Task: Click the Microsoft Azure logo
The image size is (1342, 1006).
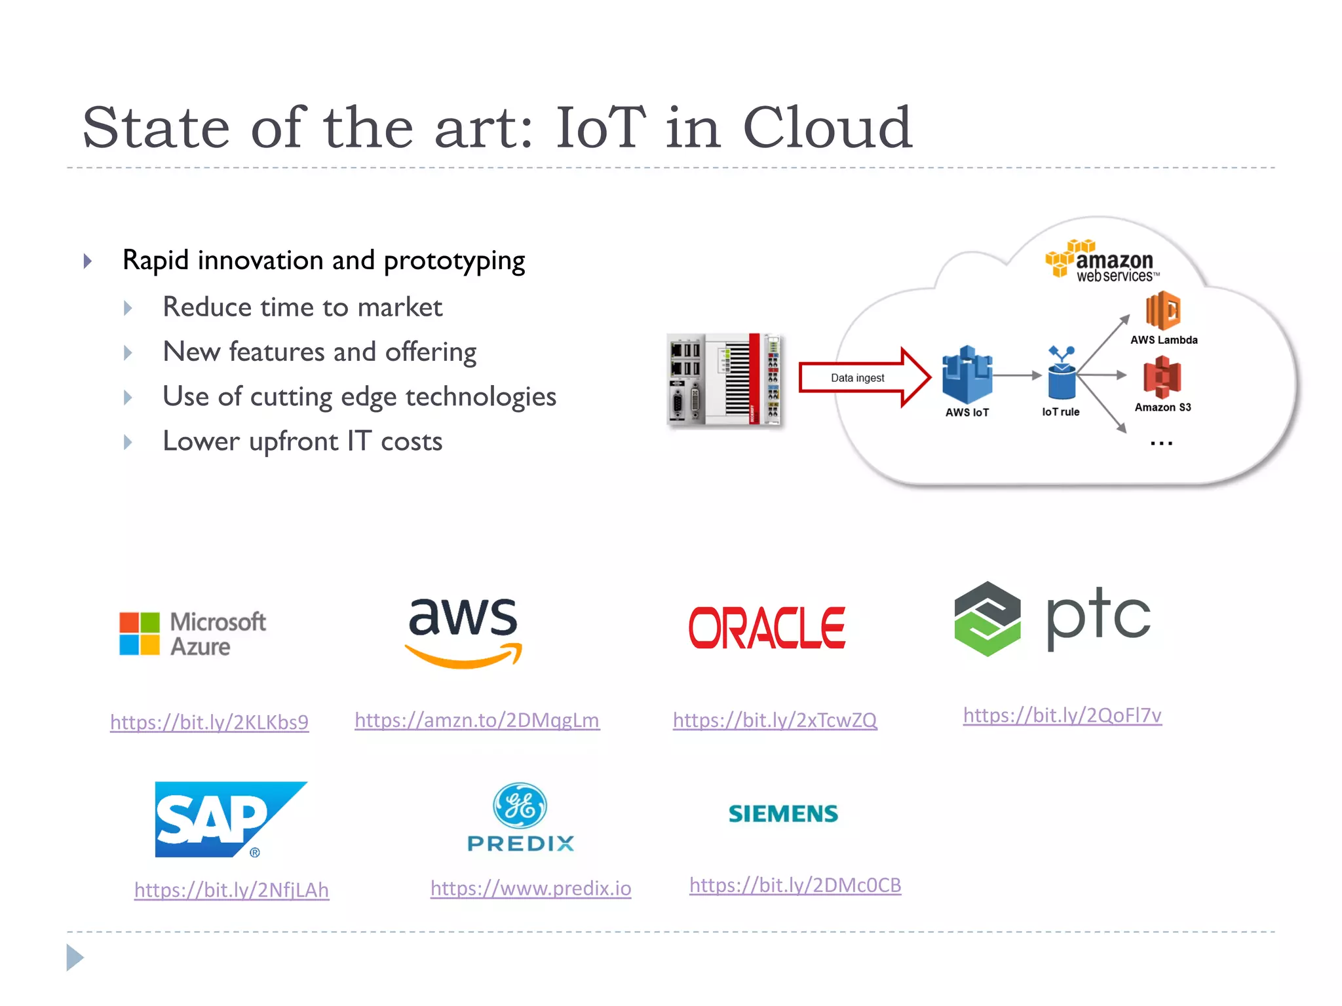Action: (x=192, y=633)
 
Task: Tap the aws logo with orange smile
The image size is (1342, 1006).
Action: (x=463, y=633)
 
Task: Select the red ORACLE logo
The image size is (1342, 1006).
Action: (x=767, y=628)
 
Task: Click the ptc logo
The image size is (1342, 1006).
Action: (x=1052, y=619)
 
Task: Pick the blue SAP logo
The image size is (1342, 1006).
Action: (x=229, y=819)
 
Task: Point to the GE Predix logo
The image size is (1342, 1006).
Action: (x=520, y=817)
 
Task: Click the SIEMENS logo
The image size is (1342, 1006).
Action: (x=783, y=813)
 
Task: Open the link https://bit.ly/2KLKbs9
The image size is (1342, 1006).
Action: (x=209, y=722)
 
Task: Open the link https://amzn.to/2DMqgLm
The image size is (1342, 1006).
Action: (x=476, y=720)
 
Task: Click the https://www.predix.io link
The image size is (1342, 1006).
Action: (x=530, y=888)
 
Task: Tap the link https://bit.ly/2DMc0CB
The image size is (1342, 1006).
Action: (x=795, y=885)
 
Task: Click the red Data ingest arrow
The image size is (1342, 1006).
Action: (x=864, y=377)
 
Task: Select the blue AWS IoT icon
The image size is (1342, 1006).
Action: (x=967, y=375)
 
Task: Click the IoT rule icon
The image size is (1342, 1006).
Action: (x=1061, y=373)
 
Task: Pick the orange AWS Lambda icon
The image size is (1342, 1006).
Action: (x=1163, y=310)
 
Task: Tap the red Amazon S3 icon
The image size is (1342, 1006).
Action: (x=1162, y=377)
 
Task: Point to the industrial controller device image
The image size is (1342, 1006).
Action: (x=725, y=380)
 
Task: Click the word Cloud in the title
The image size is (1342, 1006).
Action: (x=826, y=128)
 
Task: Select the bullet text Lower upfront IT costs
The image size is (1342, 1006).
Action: (x=302, y=441)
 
